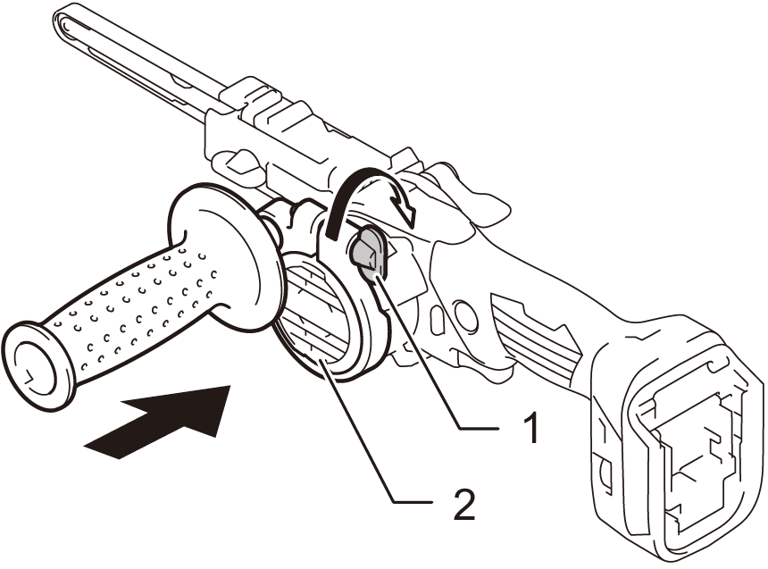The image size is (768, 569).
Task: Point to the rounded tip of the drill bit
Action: coord(64,17)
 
